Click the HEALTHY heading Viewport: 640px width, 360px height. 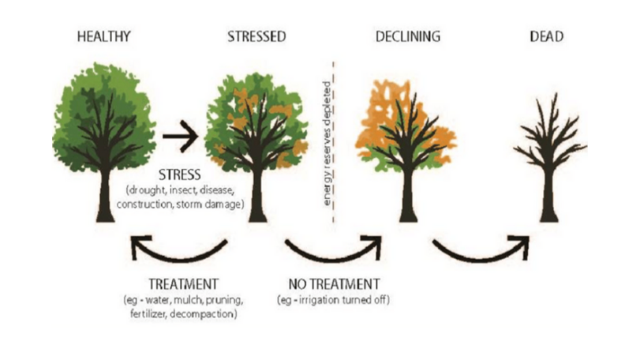[103, 36]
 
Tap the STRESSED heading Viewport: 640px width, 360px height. [256, 36]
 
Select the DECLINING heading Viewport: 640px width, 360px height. [408, 36]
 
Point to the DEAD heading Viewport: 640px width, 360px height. [547, 36]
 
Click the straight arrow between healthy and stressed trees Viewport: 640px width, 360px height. [180, 136]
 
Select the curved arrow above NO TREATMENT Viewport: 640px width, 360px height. [333, 257]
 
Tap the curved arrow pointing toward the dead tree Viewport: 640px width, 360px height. [481, 257]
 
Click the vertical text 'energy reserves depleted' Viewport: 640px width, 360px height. [327, 143]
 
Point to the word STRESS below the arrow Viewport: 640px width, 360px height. [180, 174]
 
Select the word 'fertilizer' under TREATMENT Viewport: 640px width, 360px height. [148, 314]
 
